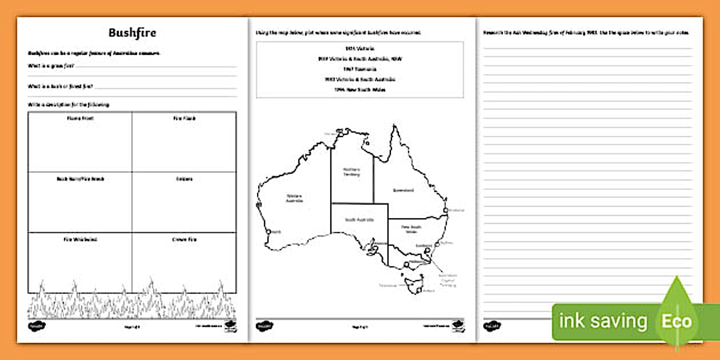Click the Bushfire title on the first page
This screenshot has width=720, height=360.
(132, 33)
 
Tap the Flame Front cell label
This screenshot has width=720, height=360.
(80, 118)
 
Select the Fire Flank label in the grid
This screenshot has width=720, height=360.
(184, 118)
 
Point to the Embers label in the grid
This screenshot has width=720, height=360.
(184, 179)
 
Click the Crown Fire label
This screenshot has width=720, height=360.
(184, 239)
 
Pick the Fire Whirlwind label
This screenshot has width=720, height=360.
(80, 239)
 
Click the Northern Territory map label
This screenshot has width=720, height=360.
(351, 172)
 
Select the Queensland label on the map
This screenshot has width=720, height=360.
(403, 190)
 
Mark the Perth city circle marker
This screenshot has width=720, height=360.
(268, 231)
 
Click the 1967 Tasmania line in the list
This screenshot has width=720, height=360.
(359, 69)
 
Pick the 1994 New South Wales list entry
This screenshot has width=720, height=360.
(359, 90)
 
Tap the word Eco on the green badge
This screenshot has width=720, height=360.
(677, 321)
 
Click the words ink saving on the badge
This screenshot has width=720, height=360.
(602, 321)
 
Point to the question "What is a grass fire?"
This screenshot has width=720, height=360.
(51, 66)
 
